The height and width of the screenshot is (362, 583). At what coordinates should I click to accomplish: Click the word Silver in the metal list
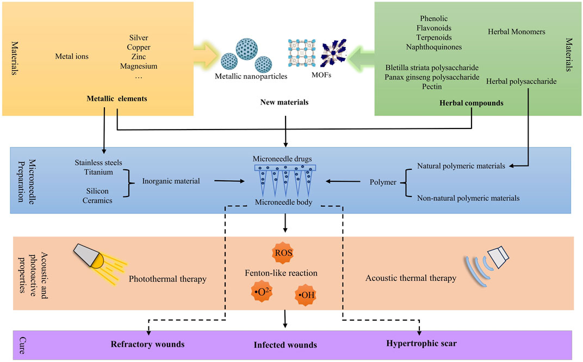139,38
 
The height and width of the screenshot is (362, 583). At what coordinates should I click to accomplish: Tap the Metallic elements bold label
117,99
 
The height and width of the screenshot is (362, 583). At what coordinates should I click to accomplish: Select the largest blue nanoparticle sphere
246,49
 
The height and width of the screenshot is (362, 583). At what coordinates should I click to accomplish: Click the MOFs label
321,75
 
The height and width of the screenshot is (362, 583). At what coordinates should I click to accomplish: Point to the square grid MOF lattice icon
302,53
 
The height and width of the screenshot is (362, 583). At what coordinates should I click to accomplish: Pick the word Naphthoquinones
434,47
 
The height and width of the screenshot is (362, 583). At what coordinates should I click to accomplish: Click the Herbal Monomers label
517,32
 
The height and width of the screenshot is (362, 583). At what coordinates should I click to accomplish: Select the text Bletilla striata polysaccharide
432,68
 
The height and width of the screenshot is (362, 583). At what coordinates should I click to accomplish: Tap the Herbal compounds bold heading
471,103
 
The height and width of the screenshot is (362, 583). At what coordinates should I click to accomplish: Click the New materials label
284,102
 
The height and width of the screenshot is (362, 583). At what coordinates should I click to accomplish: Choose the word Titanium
98,172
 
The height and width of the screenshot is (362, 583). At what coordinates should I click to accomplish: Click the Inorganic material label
171,181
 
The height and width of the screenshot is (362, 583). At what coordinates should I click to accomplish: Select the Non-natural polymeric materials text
468,198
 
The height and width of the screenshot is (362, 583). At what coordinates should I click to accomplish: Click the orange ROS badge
283,253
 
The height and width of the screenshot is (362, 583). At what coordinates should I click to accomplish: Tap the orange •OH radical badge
306,295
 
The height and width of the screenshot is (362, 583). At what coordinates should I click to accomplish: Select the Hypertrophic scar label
421,343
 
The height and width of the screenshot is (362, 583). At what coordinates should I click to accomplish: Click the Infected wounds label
285,345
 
